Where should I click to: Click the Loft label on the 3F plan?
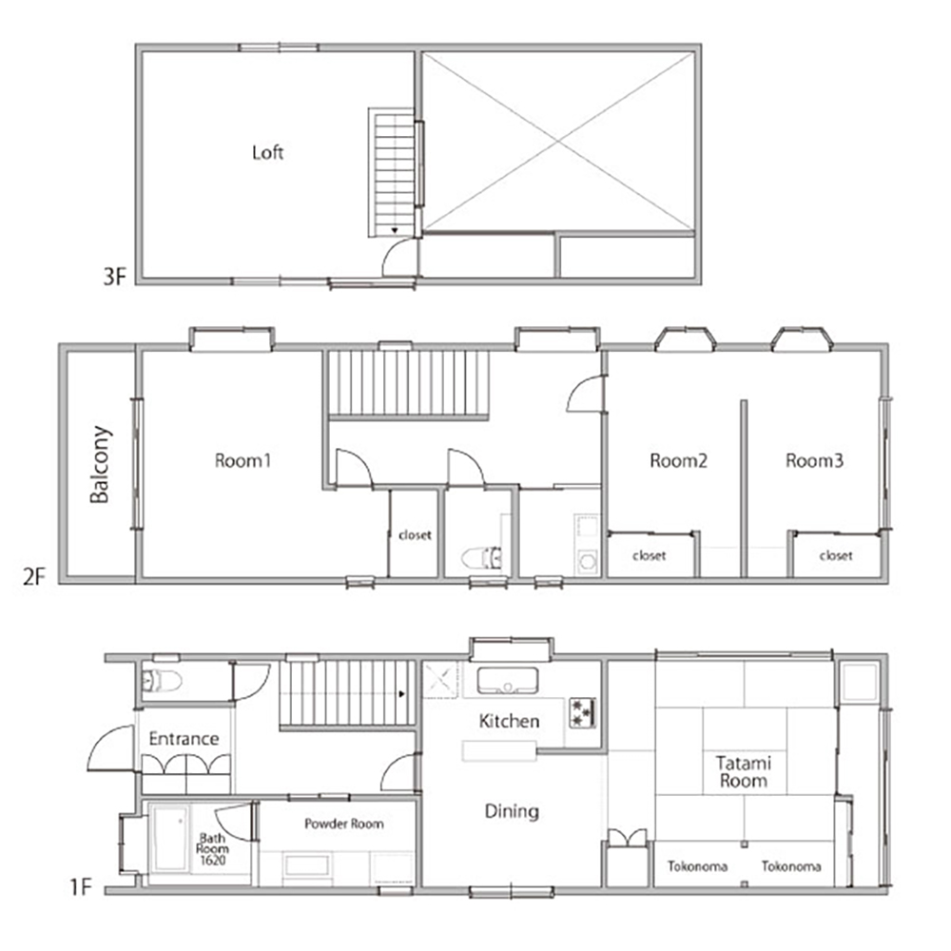(267, 152)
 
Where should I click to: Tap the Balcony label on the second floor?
(101, 465)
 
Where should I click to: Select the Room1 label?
(243, 461)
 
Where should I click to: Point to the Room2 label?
(678, 461)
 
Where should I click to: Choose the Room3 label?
(815, 461)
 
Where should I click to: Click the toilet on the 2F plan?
(481, 557)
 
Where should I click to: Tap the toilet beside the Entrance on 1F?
(162, 681)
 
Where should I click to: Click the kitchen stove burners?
(582, 712)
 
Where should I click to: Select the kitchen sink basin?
(508, 681)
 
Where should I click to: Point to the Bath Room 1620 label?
(212, 849)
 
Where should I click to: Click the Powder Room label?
(344, 824)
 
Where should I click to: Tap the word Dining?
(512, 811)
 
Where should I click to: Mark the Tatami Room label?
(744, 771)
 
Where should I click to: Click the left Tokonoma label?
(697, 866)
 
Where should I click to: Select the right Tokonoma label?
(791, 866)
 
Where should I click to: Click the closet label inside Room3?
(836, 555)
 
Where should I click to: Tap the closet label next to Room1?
(416, 534)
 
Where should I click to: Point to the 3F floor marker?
(115, 277)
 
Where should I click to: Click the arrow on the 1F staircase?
(401, 694)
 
